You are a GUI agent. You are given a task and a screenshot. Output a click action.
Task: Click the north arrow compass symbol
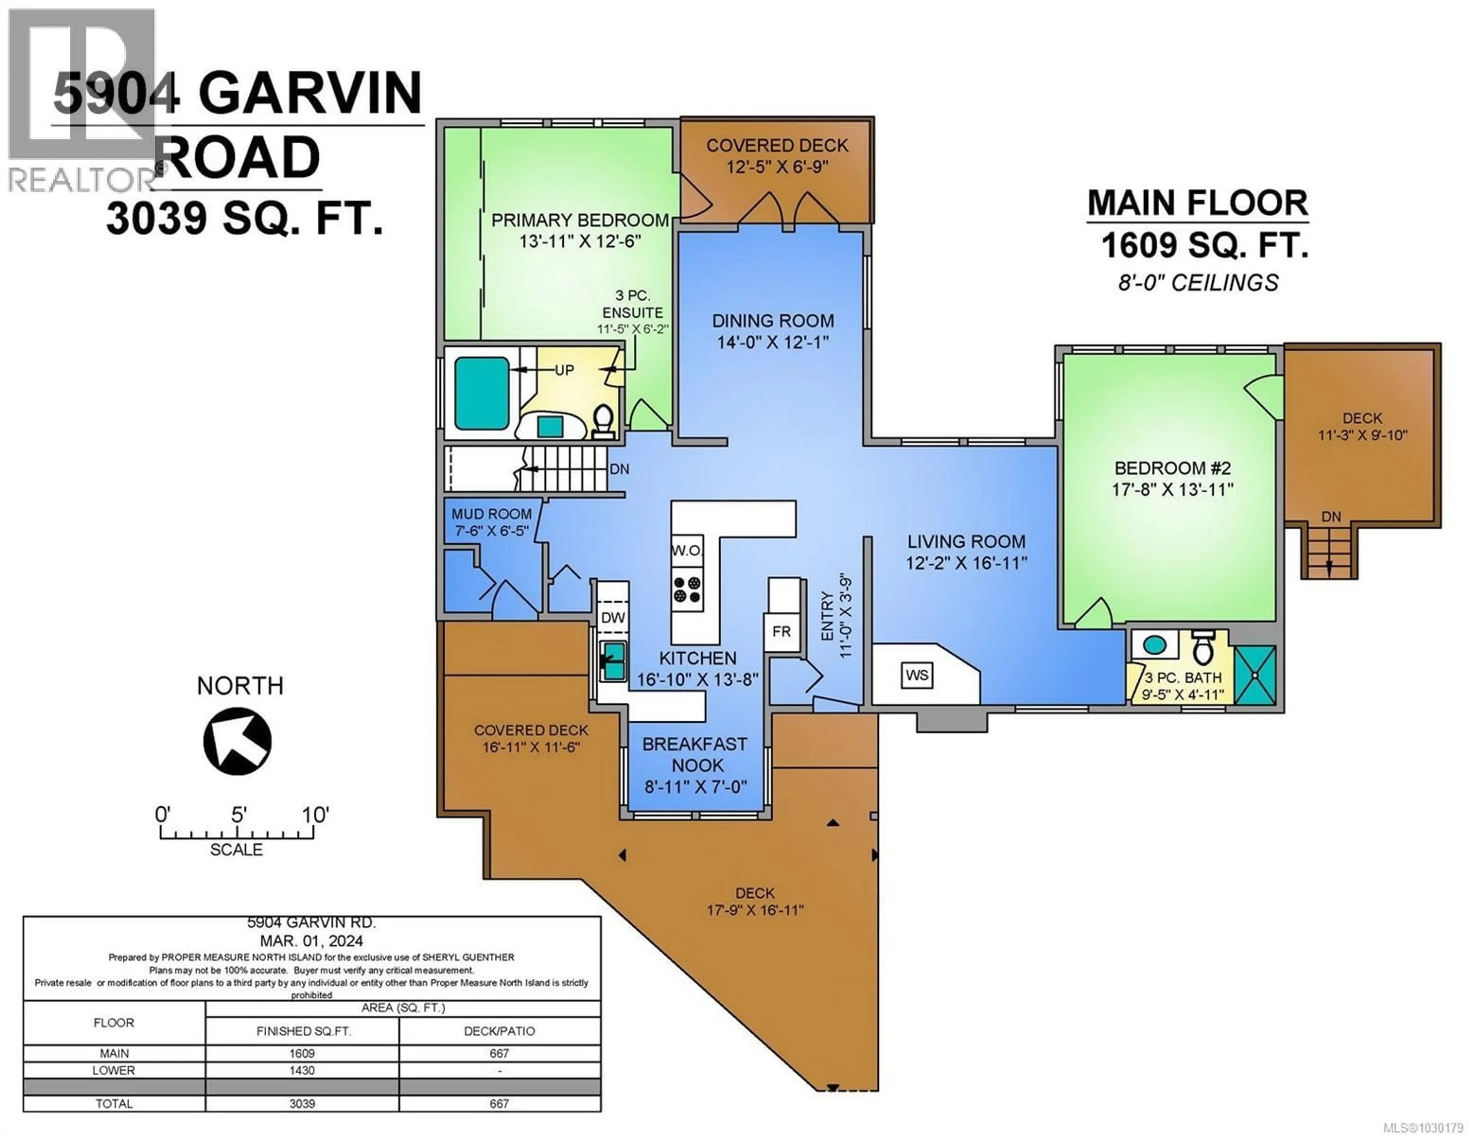point(238,741)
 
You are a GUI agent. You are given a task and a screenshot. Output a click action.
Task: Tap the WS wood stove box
point(917,675)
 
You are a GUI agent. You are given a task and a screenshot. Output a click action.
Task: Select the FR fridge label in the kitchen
point(782,632)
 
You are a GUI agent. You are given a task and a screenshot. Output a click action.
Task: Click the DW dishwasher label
point(613,618)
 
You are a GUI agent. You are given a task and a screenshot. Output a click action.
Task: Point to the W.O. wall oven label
point(686,550)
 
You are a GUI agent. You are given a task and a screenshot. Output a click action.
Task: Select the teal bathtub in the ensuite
point(482,393)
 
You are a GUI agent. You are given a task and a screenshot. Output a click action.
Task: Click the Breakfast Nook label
point(695,754)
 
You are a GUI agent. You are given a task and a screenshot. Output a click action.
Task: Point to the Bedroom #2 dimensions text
point(1173,489)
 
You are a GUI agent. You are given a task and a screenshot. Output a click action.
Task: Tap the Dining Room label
point(773,321)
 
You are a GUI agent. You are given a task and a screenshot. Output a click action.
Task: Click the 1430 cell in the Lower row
point(302,1070)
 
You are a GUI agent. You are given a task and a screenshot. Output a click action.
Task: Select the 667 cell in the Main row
point(499,1054)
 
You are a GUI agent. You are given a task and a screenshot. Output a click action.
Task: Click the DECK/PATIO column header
point(499,1031)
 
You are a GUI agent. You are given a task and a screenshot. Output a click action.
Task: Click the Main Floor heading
point(1197,203)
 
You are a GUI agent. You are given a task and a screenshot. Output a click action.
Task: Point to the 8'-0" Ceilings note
point(1198,283)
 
